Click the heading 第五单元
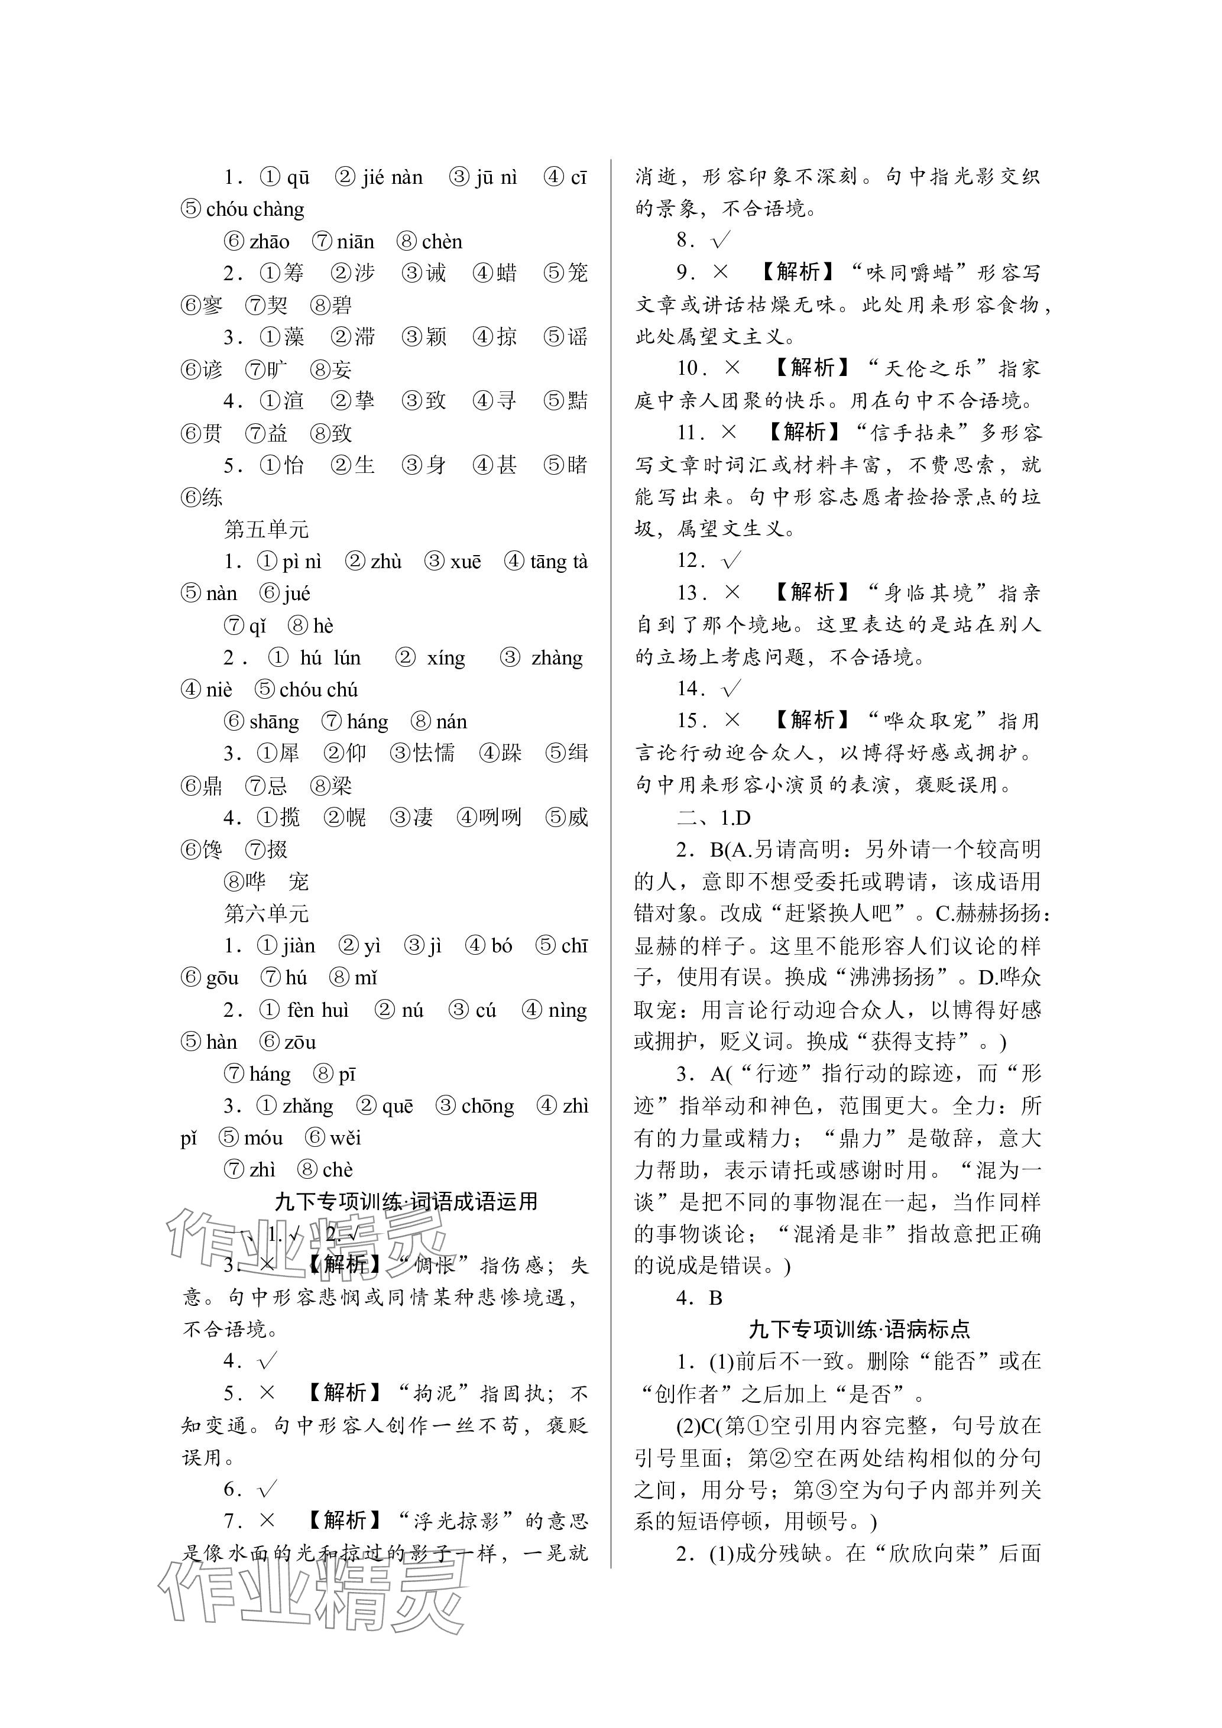[267, 529]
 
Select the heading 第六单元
[267, 914]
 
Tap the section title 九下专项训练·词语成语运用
[406, 1202]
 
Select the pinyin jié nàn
[392, 177]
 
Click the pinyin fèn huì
[317, 1010]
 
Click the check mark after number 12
[731, 560]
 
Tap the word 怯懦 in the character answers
[433, 753]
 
